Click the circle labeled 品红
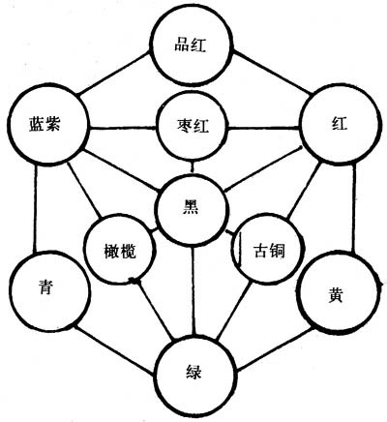coord(193,47)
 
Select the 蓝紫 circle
coord(48,125)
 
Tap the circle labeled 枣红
coord(193,127)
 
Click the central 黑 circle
coord(193,209)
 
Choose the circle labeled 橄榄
coord(119,251)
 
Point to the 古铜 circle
coord(268,249)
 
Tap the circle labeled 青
coord(49,292)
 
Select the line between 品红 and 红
coord(273,73)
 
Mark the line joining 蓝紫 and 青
coord(35,208)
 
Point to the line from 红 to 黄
coord(354,209)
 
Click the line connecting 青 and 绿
coord(113,350)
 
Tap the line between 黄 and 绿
coord(275,349)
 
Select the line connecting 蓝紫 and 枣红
coord(123,129)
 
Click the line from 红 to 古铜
coord(304,191)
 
